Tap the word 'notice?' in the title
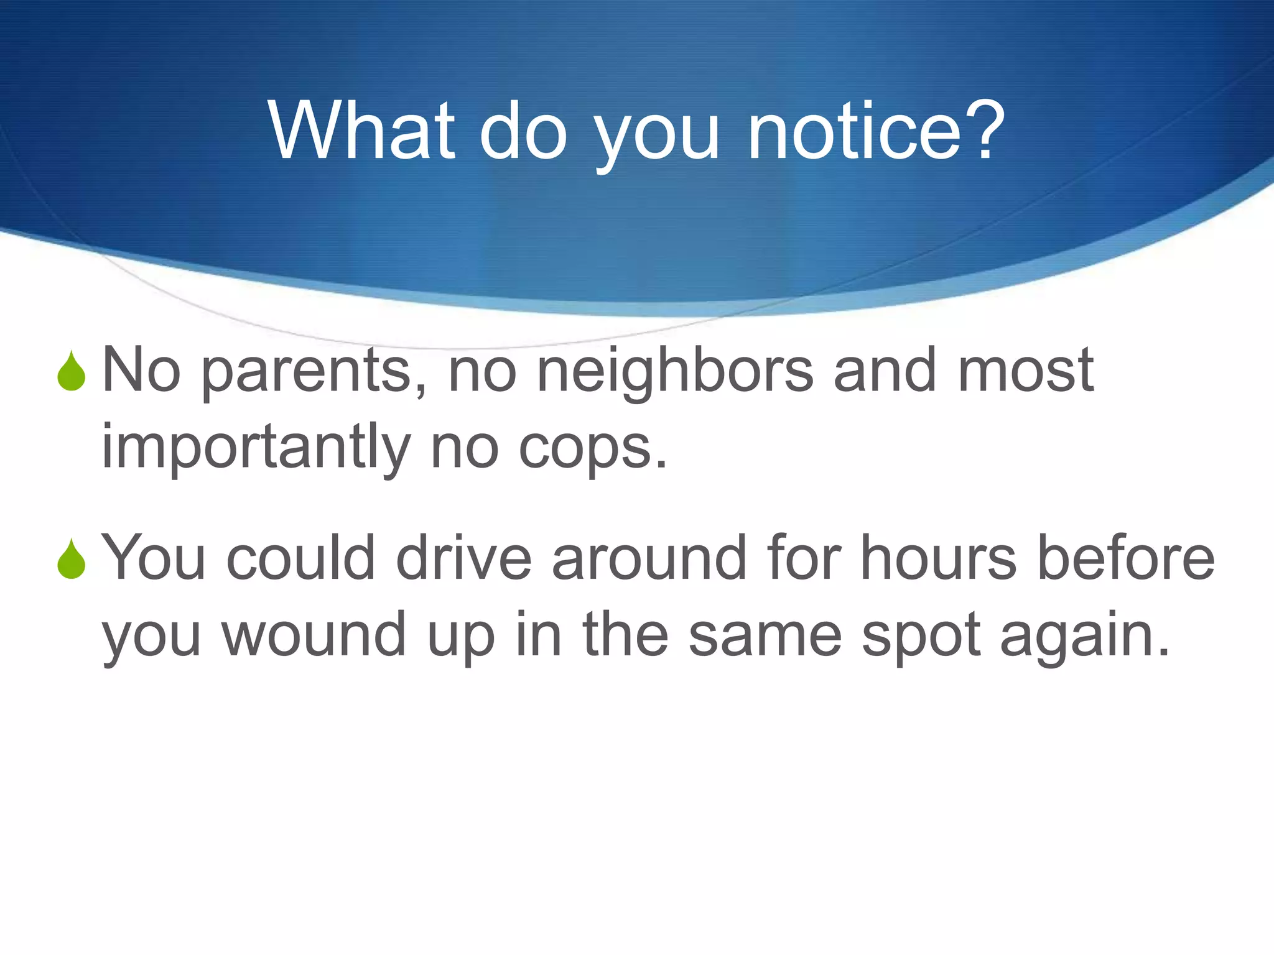[x=876, y=132]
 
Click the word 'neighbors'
[x=674, y=372]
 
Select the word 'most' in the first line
[x=1025, y=372]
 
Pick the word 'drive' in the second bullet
[x=463, y=558]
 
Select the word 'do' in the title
[x=523, y=132]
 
